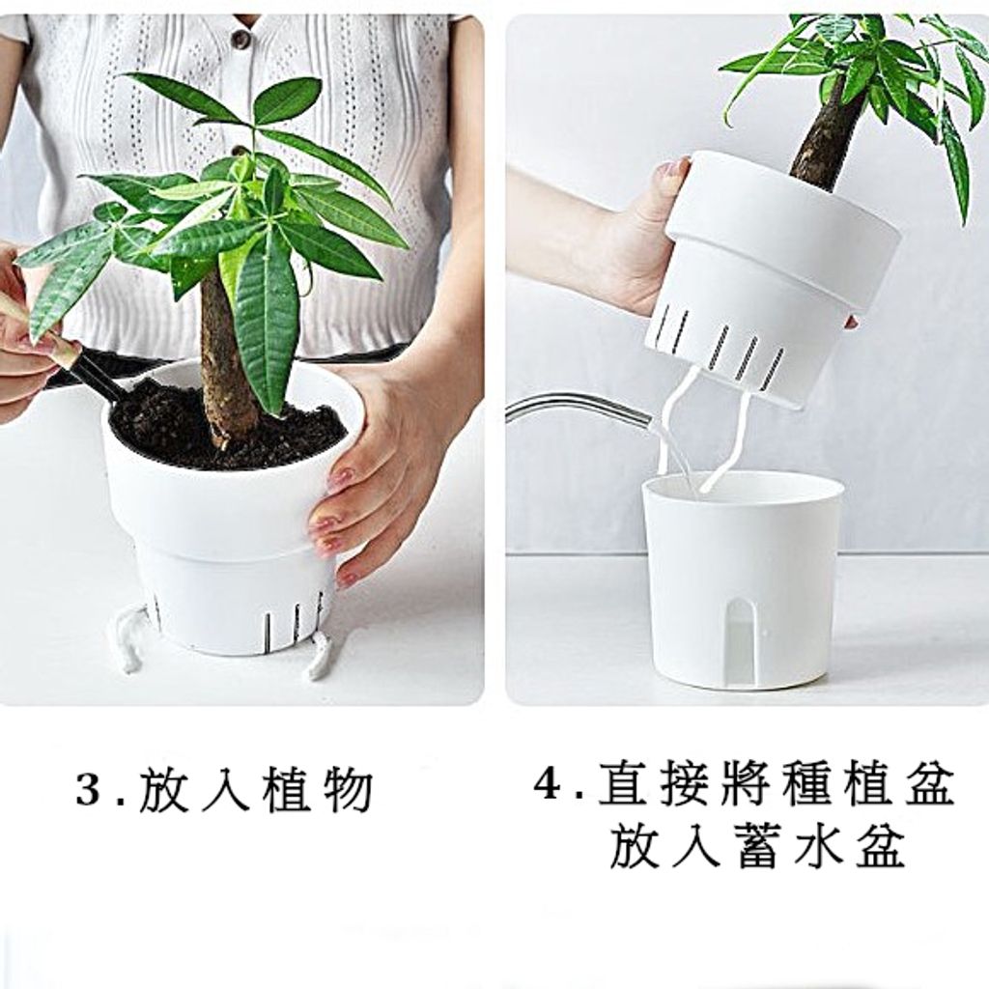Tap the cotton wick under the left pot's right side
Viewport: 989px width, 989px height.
pos(318,657)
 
